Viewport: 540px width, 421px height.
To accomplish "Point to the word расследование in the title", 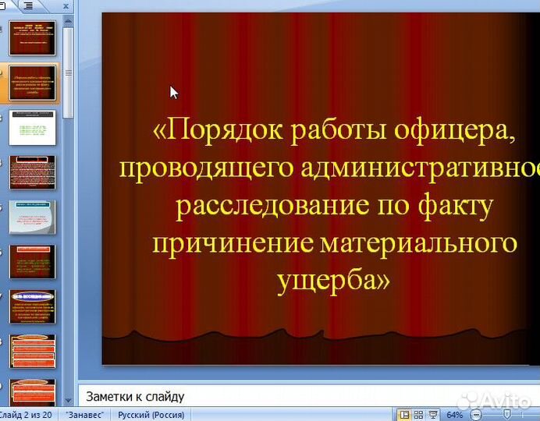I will click(x=259, y=205).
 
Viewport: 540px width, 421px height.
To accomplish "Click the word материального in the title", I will click(x=418, y=242).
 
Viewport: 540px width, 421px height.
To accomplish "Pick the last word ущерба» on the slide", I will click(x=333, y=280).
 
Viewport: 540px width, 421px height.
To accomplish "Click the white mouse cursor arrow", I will click(x=173, y=92).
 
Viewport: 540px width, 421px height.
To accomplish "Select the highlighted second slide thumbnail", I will click(x=33, y=83).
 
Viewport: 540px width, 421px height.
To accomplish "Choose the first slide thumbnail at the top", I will click(x=33, y=37).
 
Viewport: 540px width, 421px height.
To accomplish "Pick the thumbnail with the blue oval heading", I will click(x=33, y=306).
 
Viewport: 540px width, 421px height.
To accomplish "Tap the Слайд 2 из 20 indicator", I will click(x=26, y=415).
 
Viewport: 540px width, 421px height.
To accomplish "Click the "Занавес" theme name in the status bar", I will click(x=86, y=415).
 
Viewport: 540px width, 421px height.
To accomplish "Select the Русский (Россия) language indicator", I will click(x=152, y=415).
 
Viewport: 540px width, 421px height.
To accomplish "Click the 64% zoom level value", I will click(x=454, y=415).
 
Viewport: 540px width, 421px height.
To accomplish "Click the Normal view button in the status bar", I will click(x=405, y=414).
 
